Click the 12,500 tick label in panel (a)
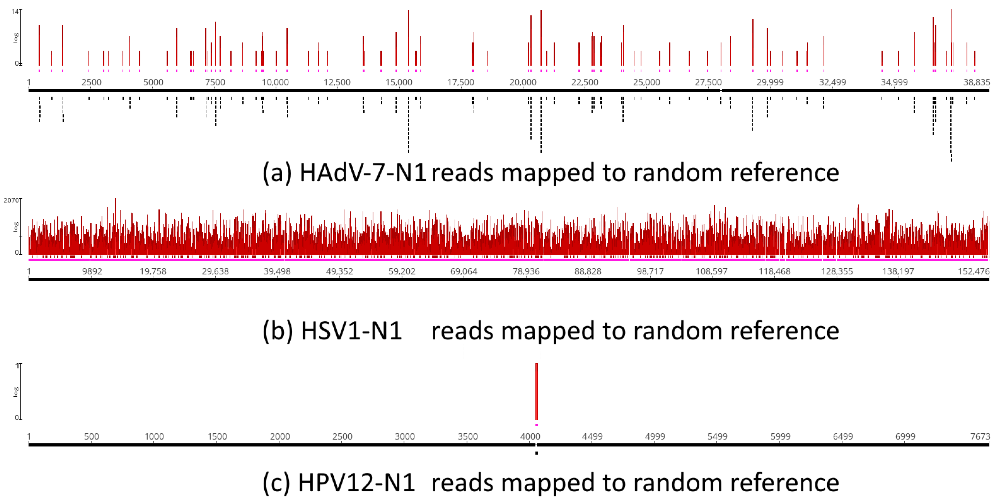point(337,82)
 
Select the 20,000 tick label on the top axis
point(523,82)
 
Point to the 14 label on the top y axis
point(15,12)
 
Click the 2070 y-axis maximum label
point(11,200)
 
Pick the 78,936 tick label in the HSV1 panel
point(526,272)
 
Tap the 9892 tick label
point(92,272)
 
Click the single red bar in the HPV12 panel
point(536,391)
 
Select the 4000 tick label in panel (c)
point(530,437)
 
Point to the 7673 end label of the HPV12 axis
point(980,437)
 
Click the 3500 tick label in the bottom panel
point(467,437)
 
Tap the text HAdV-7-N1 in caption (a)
point(363,172)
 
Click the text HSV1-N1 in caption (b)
point(351,331)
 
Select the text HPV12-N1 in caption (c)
point(356,483)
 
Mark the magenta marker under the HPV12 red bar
point(536,425)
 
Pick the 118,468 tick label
point(774,272)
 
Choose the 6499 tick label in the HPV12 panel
point(843,437)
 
